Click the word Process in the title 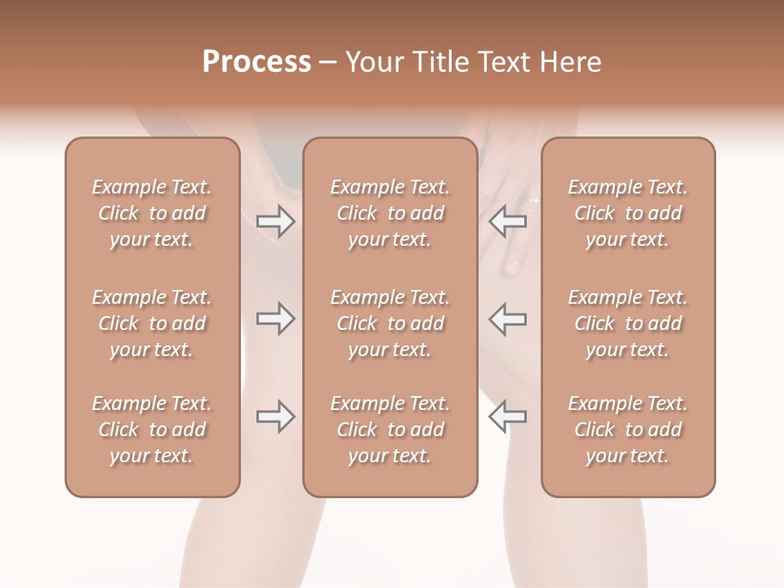click(256, 62)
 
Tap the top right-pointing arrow click(275, 221)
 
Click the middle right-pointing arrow click(275, 318)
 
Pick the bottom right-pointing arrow click(275, 416)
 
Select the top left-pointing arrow click(507, 221)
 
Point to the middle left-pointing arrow click(507, 318)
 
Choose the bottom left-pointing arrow click(507, 416)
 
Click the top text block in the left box click(152, 213)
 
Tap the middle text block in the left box click(152, 323)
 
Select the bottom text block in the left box click(152, 430)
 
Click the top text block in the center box click(390, 213)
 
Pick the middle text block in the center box click(390, 323)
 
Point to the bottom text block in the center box click(390, 430)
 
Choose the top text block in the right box click(628, 213)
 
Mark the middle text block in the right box click(628, 323)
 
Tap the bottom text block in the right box click(628, 430)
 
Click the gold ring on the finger click(532, 199)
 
